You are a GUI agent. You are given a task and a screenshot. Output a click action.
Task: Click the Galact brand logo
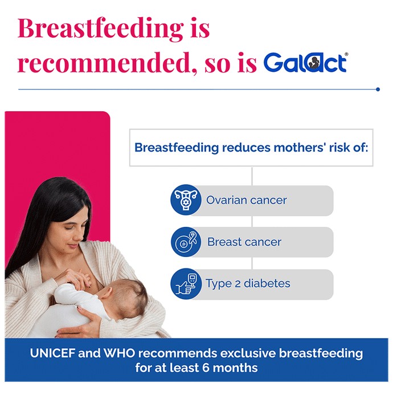coord(305,62)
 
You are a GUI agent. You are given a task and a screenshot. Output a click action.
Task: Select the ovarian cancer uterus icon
coord(186,199)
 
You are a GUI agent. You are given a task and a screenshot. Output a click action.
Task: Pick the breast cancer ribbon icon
coord(186,242)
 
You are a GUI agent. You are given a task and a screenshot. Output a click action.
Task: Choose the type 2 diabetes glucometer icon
coord(186,284)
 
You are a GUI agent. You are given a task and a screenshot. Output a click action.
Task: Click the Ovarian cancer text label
coord(246,200)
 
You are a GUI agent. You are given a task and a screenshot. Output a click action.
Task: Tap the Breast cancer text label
coord(244,242)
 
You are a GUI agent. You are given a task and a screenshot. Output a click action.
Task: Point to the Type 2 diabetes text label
coord(248,283)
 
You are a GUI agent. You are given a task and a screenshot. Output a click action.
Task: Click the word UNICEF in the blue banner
coord(52,353)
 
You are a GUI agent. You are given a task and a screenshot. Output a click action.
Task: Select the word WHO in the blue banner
coord(119,353)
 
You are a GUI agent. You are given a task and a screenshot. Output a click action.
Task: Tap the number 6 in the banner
coord(206,368)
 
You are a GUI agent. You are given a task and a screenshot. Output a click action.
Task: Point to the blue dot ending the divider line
coord(378,89)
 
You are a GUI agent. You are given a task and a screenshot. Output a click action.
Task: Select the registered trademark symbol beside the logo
coord(346,54)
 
